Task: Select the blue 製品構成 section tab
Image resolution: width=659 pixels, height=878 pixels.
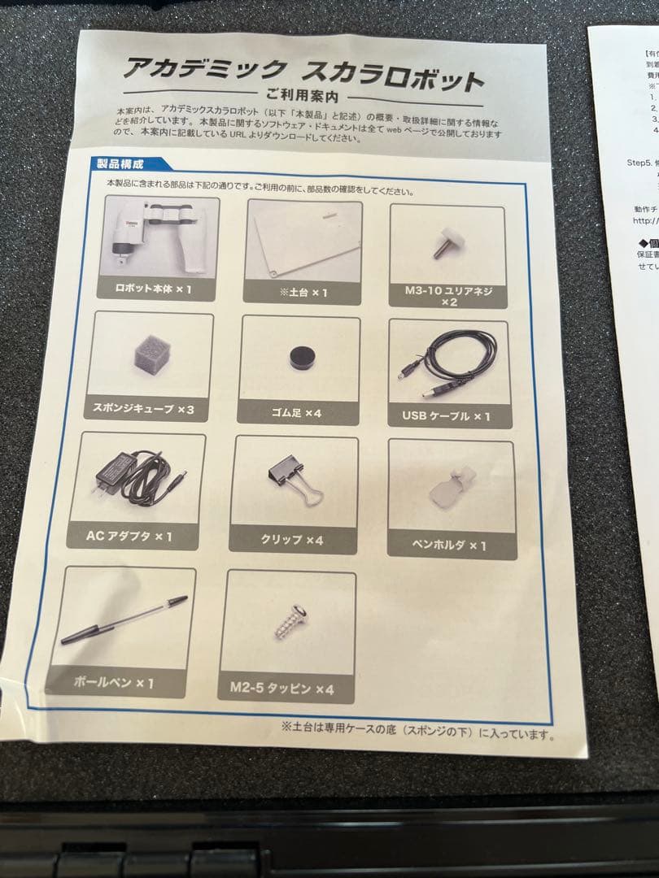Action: [x=123, y=163]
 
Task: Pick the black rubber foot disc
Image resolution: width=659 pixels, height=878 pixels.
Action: [x=303, y=358]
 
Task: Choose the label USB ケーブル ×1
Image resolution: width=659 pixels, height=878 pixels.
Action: [x=446, y=416]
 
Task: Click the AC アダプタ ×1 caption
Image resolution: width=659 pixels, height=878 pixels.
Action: [x=129, y=537]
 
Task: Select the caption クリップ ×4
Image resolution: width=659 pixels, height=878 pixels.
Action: [x=292, y=540]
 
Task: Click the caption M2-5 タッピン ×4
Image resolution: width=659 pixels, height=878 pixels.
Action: [x=288, y=689]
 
